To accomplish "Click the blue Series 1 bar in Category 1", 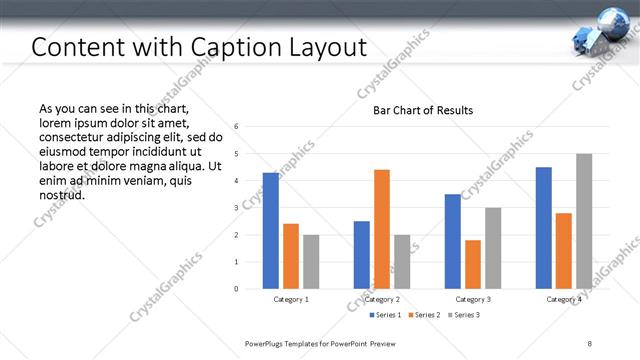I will pos(270,230).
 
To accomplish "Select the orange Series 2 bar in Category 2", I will pos(382,229).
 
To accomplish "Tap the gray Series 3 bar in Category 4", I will pos(584,221).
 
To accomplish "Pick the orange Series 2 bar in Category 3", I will pos(473,264).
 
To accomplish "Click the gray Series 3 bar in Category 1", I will pos(311,261).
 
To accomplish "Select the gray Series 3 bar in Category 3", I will pos(493,248).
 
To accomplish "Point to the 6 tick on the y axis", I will pos(236,127).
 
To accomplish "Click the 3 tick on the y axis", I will pos(236,208).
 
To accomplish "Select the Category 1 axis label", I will pos(291,299).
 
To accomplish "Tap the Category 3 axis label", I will pos(473,299).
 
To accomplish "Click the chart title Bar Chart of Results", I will pos(423,110).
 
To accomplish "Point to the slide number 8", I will pos(590,343).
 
